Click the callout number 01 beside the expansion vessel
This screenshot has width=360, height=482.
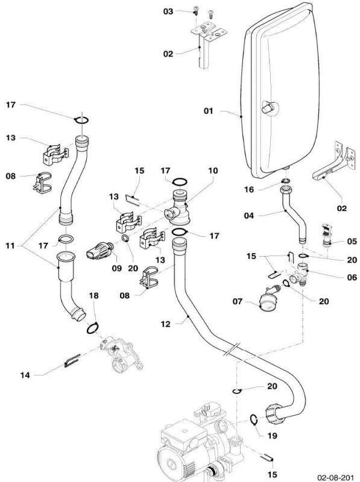[208, 111]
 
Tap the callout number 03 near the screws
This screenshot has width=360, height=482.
[168, 11]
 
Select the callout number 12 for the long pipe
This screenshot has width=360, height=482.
[165, 324]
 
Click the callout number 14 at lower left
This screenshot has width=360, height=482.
[25, 375]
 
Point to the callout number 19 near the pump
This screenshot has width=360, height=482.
[272, 436]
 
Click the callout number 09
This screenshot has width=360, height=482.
[116, 268]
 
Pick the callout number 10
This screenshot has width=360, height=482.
[213, 171]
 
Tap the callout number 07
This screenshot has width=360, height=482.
[238, 301]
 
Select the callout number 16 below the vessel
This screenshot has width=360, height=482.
[249, 189]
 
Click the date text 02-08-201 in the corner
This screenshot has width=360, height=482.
[335, 478]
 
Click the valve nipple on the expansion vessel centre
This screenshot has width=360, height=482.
[267, 108]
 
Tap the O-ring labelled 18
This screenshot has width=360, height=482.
[93, 328]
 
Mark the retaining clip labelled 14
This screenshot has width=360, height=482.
[72, 360]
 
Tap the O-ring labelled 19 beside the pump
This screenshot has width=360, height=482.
[253, 420]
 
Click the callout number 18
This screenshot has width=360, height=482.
[93, 296]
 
